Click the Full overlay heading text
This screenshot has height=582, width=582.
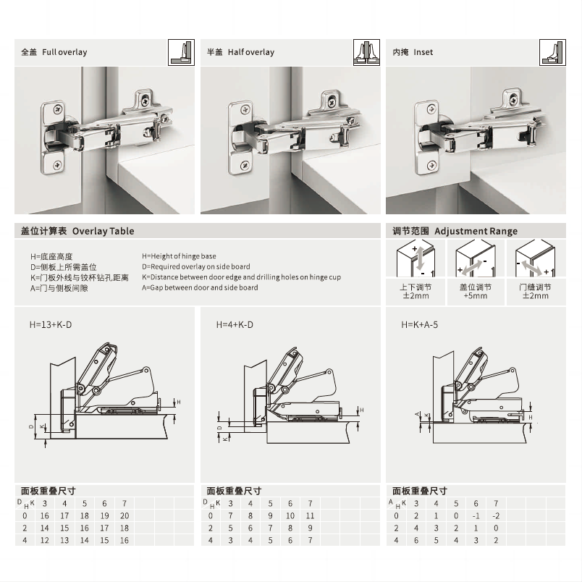tap(64, 52)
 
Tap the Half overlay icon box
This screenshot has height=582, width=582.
tap(366, 52)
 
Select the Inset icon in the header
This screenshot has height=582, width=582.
tap(552, 52)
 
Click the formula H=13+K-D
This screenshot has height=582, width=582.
tap(51, 325)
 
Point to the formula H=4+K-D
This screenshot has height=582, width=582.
tap(235, 325)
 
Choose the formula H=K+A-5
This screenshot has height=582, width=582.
tap(419, 325)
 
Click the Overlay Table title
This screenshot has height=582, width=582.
tap(103, 231)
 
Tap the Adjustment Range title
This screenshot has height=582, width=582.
tap(476, 231)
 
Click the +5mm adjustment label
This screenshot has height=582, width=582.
tap(476, 296)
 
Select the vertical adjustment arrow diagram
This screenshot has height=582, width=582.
tap(416, 258)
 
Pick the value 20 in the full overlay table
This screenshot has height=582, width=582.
tap(125, 515)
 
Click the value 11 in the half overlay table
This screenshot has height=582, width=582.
tap(310, 515)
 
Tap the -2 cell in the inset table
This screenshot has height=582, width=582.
tap(496, 515)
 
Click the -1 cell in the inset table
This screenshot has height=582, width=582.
tap(476, 515)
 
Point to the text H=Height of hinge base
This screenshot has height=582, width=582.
tap(179, 256)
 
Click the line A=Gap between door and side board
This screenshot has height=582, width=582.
tap(200, 287)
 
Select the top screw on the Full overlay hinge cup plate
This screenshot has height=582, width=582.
tap(58, 109)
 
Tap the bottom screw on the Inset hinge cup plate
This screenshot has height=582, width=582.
tap(431, 166)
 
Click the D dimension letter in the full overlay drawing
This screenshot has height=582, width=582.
tap(31, 426)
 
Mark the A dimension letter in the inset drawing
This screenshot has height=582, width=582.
tap(417, 414)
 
